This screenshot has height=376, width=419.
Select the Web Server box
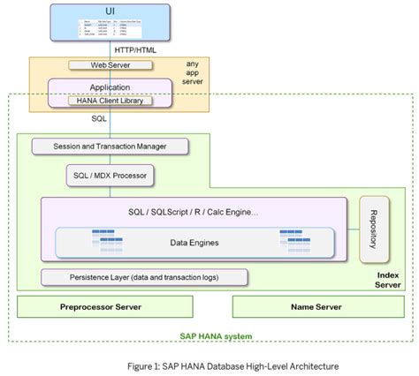coord(110,65)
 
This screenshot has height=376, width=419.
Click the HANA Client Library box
coord(110,101)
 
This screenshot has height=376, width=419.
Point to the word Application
coord(110,87)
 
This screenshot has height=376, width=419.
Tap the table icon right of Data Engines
coord(293,239)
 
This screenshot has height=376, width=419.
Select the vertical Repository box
coord(376,229)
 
